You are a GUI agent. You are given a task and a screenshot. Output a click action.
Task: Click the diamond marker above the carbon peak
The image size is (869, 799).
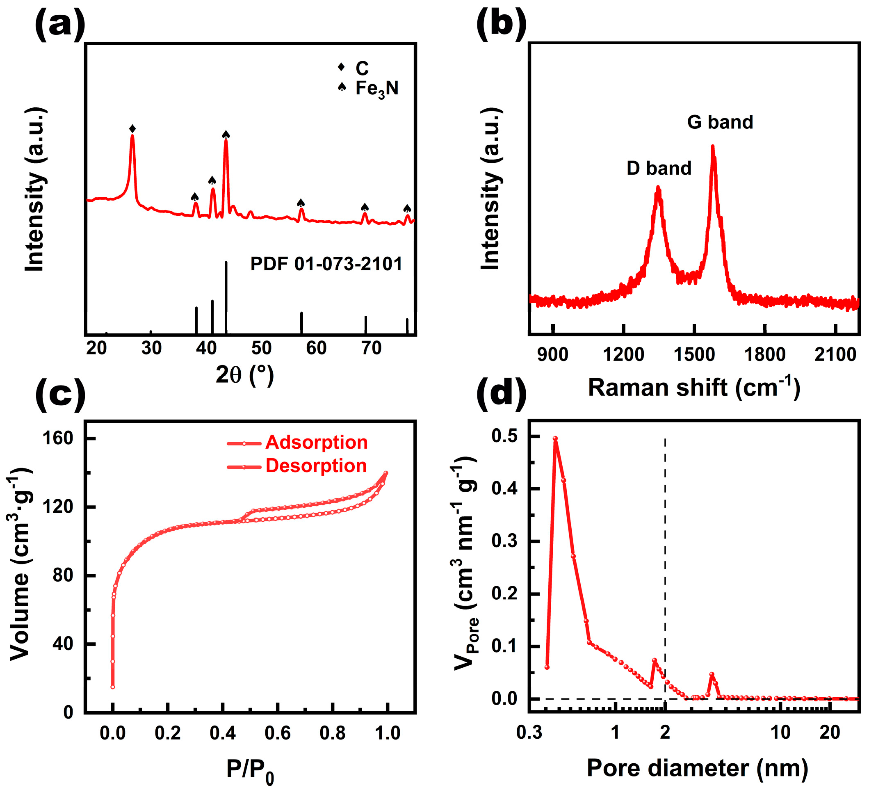pos(133,129)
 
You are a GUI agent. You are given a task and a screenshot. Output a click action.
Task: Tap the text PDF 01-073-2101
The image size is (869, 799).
pos(326,264)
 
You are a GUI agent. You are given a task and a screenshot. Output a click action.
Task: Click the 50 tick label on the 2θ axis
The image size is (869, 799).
pos(261,348)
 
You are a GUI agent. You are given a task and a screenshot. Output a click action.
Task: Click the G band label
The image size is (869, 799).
pos(720,122)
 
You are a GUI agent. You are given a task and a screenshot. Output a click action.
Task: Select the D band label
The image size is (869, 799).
pos(659,168)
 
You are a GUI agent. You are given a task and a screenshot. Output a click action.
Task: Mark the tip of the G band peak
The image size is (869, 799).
pos(712,147)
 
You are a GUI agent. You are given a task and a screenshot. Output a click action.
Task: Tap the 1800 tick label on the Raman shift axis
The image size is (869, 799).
pos(764,355)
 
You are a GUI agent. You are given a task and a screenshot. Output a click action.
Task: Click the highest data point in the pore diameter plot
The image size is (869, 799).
pos(556,438)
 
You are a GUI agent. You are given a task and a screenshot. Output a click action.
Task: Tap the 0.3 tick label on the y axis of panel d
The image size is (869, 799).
pos(504,541)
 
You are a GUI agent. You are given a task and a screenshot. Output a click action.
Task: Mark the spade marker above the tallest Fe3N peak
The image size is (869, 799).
pos(226,134)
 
